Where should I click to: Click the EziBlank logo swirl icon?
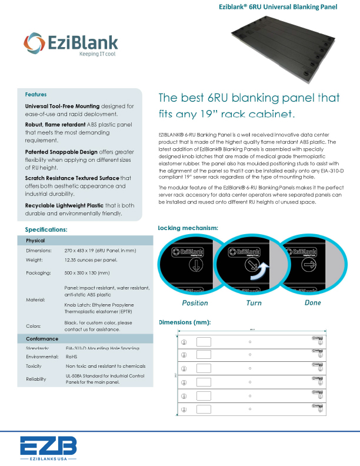point(33,43)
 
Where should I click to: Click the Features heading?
point(36,94)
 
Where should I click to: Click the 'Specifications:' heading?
point(46,229)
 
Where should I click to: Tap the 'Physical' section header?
point(35,241)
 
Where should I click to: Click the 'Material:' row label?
point(36,300)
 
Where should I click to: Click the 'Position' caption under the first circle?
point(195,303)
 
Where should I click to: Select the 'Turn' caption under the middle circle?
point(254,303)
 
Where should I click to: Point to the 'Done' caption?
point(313,303)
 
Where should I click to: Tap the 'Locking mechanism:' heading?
point(188,228)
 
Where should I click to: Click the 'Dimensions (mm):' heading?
point(185,322)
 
